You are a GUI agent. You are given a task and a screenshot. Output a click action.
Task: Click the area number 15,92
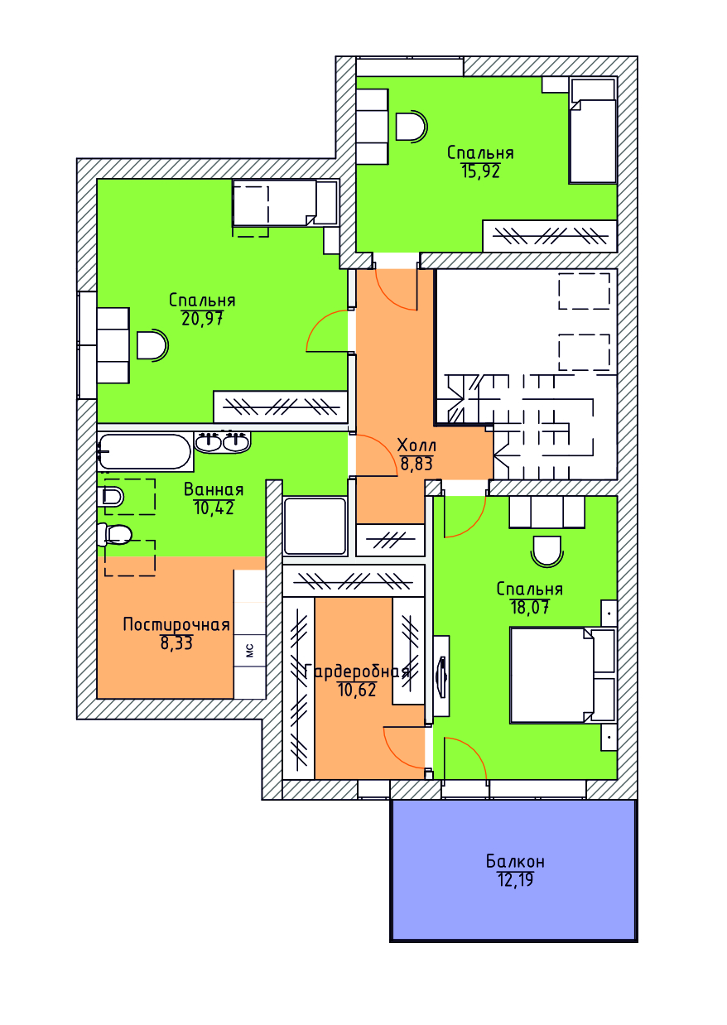[x=480, y=171]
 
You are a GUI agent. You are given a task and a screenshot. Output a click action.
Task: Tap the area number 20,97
[x=202, y=318]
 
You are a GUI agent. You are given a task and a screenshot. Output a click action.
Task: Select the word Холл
[x=416, y=445]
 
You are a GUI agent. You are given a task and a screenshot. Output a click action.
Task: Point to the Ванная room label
[x=214, y=490]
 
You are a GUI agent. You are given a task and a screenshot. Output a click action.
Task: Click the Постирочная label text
[x=176, y=625]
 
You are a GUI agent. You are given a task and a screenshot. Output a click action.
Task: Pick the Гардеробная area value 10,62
[x=357, y=690]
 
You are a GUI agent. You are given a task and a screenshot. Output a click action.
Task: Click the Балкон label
[x=515, y=862]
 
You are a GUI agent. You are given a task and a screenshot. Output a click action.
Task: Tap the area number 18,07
[x=530, y=607]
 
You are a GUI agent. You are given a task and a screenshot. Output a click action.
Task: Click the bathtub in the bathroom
[x=145, y=451]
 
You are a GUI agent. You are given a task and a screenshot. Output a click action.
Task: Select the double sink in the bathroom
[x=223, y=442]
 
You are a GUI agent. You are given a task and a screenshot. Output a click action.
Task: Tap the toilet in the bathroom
[x=114, y=535]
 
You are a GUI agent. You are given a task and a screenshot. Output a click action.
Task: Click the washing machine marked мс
[x=250, y=650]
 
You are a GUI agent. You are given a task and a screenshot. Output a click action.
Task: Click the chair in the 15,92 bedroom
[x=412, y=126]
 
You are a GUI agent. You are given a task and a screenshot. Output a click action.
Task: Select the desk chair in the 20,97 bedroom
[x=153, y=345]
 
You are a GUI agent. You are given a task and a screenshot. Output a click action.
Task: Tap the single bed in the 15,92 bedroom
[x=593, y=132]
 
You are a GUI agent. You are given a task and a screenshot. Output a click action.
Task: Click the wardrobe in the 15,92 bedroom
[x=550, y=236]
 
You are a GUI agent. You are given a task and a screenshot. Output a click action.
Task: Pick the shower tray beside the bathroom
[x=315, y=526]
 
